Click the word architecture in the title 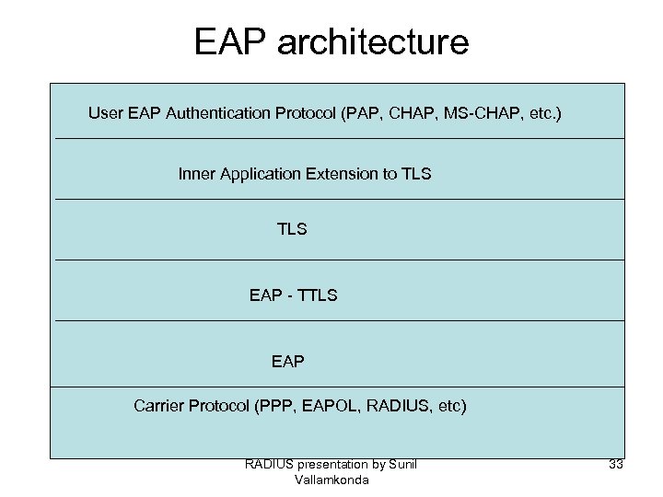(x=370, y=42)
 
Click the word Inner (x=197, y=173)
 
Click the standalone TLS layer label (x=292, y=229)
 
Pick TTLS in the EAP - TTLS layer (x=319, y=295)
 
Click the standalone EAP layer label (x=287, y=362)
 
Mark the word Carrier (x=159, y=405)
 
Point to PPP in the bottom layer (x=275, y=405)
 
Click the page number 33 (x=616, y=464)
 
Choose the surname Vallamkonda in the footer (x=331, y=480)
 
